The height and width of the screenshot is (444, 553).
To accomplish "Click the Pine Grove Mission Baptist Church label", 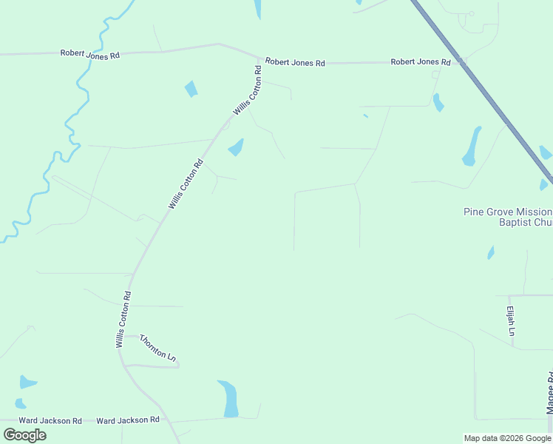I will [508, 216].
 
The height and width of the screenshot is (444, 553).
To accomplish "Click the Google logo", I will [24, 434].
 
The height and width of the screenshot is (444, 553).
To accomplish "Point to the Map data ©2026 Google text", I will [507, 438].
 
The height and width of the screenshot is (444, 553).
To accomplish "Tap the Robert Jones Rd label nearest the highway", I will [420, 62].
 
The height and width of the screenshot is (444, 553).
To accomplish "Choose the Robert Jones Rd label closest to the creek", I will [89, 54].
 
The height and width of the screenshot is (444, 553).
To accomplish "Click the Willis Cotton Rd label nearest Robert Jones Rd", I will [248, 91].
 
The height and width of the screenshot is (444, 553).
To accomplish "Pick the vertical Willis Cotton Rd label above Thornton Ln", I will [123, 319].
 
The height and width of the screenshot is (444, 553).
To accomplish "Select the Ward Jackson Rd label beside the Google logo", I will [50, 420].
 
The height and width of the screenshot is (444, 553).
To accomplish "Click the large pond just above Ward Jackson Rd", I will [228, 397].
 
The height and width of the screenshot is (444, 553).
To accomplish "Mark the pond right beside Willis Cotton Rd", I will [237, 147].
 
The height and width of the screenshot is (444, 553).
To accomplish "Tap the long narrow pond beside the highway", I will [472, 146].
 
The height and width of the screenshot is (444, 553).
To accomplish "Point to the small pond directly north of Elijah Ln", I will [490, 253].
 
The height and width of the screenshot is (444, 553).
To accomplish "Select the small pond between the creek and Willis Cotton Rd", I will [191, 89].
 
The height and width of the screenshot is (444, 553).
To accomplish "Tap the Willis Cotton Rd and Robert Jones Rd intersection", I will [259, 59].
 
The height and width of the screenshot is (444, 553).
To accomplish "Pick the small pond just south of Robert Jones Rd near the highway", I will [438, 102].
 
